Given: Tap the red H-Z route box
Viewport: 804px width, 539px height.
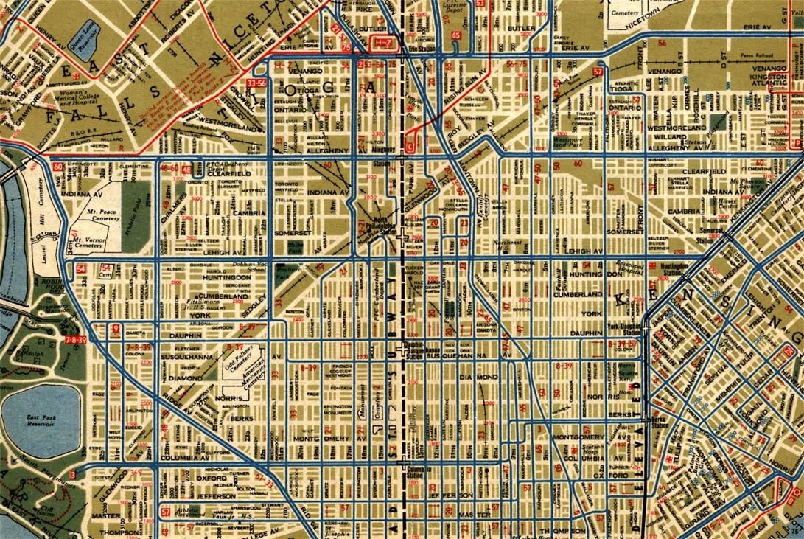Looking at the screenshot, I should point(384,45).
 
